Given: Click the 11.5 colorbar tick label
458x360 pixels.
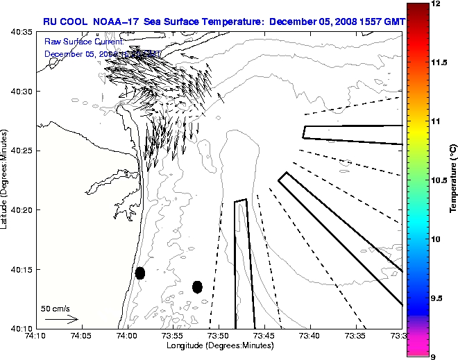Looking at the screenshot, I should click(x=439, y=62).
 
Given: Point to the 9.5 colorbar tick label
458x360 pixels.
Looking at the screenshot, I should click(x=437, y=298).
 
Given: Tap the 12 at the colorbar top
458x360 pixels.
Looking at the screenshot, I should click(x=436, y=4).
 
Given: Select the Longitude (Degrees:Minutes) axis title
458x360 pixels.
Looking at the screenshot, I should click(x=219, y=345).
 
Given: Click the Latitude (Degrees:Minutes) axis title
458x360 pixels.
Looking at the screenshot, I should click(x=5, y=179).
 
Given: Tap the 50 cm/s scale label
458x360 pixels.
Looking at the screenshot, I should click(x=55, y=308).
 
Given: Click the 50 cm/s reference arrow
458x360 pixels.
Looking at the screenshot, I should click(x=62, y=319).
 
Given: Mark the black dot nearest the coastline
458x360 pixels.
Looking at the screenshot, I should click(x=140, y=273).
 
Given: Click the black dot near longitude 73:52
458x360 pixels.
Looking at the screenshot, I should click(x=197, y=286).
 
